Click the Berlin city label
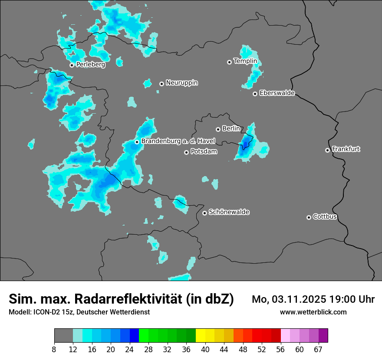coord(231,129)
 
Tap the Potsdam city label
coord(204,152)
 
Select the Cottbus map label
coord(325,217)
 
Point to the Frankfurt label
coord(346,149)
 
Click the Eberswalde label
coord(277,93)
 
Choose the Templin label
coord(245,61)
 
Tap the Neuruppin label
coord(181,83)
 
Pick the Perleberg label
coord(90,65)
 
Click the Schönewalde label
coord(229,212)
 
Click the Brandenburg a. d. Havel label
coord(178,141)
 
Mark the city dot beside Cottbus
coord(309,217)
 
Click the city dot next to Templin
coord(229,62)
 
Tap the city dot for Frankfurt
coord(327,150)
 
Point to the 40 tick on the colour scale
coord(205,350)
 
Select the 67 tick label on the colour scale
coord(318,350)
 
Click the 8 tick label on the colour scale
coord(54,350)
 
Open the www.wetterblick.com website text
coord(313,312)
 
